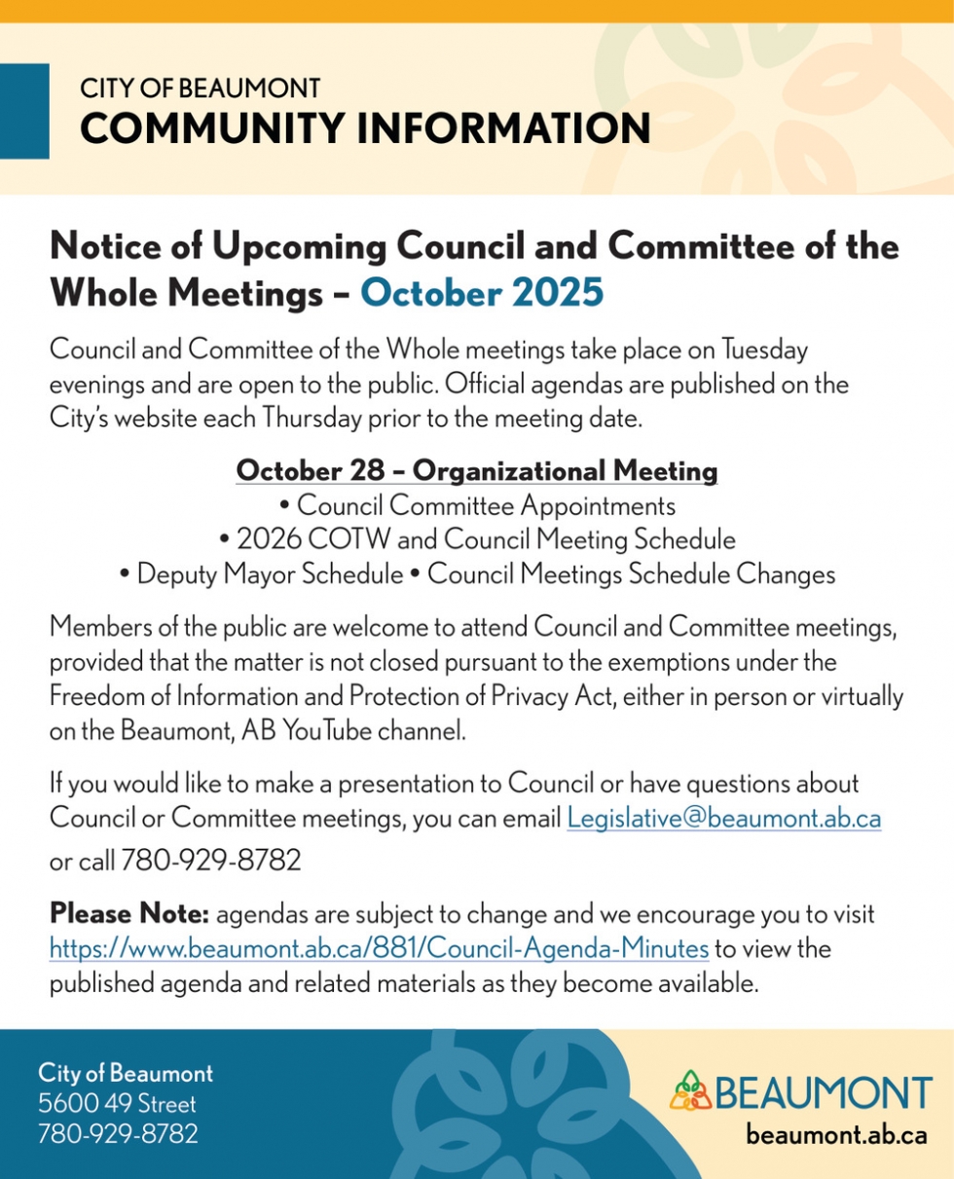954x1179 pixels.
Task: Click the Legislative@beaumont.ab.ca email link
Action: pyautogui.click(x=723, y=819)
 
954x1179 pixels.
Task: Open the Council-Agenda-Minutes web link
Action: pyautogui.click(x=379, y=948)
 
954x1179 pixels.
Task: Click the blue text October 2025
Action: pyautogui.click(x=482, y=292)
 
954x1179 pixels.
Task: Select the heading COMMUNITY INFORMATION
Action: pyautogui.click(x=365, y=129)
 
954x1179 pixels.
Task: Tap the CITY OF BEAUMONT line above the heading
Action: pyautogui.click(x=200, y=89)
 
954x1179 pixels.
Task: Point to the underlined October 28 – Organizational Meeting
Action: pyautogui.click(x=477, y=472)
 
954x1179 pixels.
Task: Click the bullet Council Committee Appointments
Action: pyautogui.click(x=477, y=506)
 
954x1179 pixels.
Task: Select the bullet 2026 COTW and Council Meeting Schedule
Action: pyautogui.click(x=477, y=539)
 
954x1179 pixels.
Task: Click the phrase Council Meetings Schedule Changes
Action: pyautogui.click(x=632, y=574)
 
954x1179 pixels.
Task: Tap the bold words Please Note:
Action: pyautogui.click(x=129, y=915)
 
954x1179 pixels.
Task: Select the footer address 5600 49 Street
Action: pyautogui.click(x=117, y=1104)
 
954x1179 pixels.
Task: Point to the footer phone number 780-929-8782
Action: pyautogui.click(x=118, y=1133)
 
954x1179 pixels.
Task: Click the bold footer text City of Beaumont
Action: pyautogui.click(x=126, y=1075)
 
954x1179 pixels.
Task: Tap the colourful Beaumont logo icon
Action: pyautogui.click(x=691, y=1091)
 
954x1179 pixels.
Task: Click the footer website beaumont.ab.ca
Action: pyautogui.click(x=835, y=1134)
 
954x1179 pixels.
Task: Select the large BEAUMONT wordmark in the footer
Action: pyautogui.click(x=824, y=1092)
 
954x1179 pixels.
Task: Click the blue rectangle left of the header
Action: pyautogui.click(x=24, y=110)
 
